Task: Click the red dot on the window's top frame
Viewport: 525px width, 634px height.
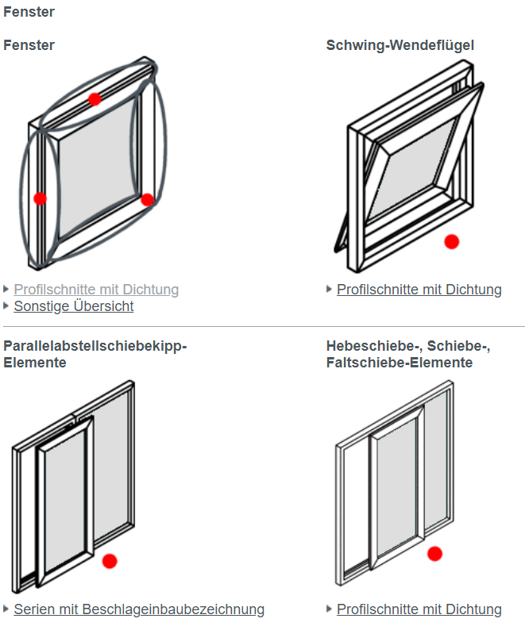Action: (95, 99)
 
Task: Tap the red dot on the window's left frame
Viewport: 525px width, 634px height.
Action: (41, 198)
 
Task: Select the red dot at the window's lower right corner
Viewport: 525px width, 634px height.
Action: (147, 199)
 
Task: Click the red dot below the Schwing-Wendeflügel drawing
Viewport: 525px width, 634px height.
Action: (452, 241)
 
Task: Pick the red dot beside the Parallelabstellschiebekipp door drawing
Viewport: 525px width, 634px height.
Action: (110, 561)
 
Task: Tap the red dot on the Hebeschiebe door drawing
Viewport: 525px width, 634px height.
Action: (434, 553)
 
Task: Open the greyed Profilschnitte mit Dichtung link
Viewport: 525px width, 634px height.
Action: (96, 290)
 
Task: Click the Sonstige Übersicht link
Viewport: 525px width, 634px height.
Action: (74, 306)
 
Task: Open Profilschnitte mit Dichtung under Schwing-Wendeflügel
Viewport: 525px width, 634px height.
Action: (419, 290)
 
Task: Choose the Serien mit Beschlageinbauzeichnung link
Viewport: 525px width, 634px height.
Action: (139, 609)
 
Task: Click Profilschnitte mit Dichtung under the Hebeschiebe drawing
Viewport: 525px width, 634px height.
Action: (419, 609)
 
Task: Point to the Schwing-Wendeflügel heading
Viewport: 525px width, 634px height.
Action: (400, 45)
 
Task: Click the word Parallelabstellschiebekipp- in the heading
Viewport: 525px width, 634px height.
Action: (95, 346)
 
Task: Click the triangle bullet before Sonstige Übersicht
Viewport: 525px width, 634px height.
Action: (7, 305)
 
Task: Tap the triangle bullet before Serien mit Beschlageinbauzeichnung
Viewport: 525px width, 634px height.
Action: (7, 609)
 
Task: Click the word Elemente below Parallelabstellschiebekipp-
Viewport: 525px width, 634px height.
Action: (35, 363)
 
